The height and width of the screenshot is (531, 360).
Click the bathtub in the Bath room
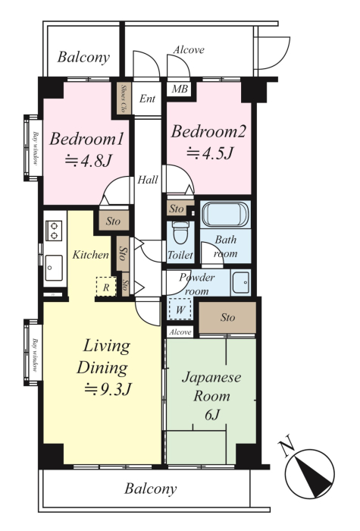(x=225, y=215)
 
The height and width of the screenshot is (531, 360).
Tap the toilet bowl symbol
(x=180, y=233)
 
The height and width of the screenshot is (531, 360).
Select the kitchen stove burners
(x=54, y=231)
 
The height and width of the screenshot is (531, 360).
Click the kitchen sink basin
(x=54, y=268)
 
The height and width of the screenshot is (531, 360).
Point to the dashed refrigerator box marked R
(x=106, y=287)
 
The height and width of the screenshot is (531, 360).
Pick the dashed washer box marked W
(x=180, y=309)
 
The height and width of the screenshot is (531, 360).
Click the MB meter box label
(x=180, y=89)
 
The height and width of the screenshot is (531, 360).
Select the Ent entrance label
(x=147, y=99)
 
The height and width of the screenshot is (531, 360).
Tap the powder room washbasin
(x=241, y=282)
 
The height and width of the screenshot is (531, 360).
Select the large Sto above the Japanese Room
(x=227, y=318)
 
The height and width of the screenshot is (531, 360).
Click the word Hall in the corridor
(x=148, y=180)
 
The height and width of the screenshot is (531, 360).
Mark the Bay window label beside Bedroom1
(x=35, y=148)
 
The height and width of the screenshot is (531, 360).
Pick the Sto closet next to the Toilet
(x=177, y=209)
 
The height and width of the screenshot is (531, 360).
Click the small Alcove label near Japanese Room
(x=180, y=332)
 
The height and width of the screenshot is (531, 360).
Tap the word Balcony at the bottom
(x=151, y=489)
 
